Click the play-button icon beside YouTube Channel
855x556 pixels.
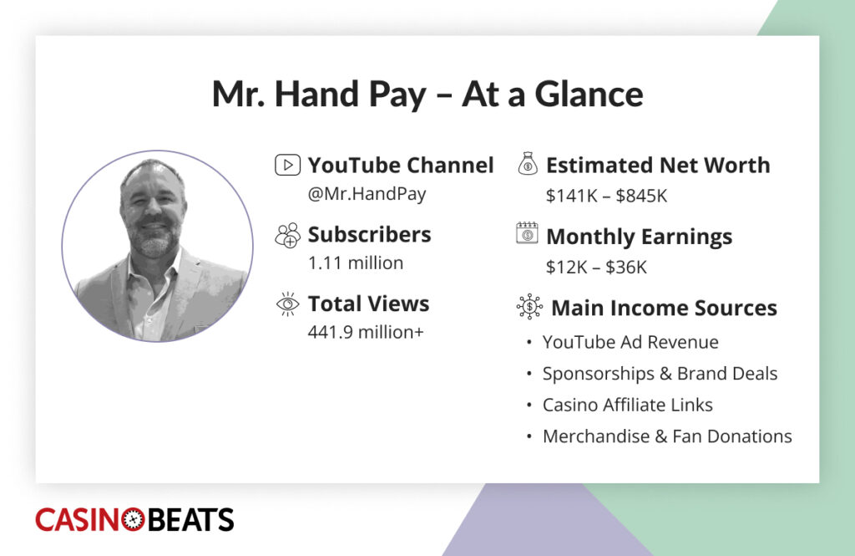coord(286,166)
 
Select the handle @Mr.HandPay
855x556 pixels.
coord(367,194)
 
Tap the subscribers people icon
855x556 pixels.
coord(286,235)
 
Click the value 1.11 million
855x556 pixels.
coord(355,263)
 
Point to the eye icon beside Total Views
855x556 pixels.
coord(286,304)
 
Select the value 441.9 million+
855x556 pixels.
coord(366,332)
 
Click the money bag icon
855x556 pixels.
coord(528,164)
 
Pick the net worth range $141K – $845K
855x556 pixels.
coord(606,196)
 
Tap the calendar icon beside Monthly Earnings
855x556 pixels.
coord(527,233)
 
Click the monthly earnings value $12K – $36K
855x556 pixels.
coord(596,268)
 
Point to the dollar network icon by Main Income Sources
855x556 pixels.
coord(529,307)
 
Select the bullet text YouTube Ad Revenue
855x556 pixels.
coord(630,342)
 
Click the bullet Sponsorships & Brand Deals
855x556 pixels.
coord(660,374)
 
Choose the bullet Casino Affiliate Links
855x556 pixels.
coord(627,405)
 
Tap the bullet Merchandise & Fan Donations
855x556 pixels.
coord(666,436)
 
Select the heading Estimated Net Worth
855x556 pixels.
coord(657,166)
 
